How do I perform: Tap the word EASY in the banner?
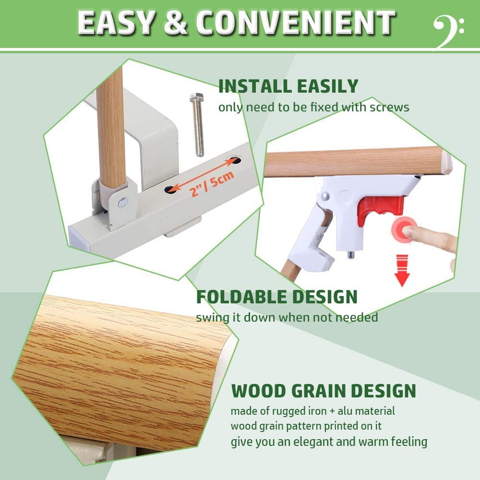tap(116, 23)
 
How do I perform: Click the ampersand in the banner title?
tap(177, 23)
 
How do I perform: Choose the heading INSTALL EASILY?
tap(288, 86)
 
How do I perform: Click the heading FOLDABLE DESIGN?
tap(276, 297)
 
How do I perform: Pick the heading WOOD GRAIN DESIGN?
tap(324, 391)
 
